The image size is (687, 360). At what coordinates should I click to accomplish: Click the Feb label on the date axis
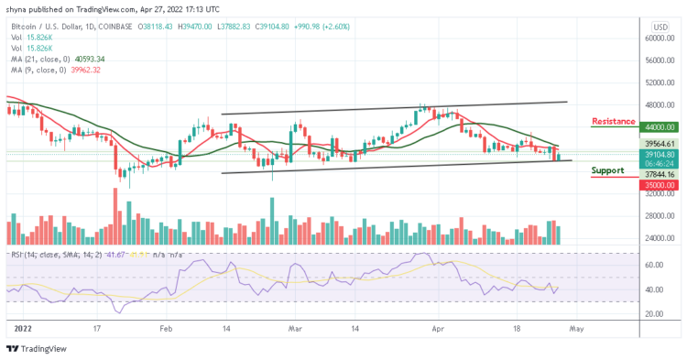pos(165,326)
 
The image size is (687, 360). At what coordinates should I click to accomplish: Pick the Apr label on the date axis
pos(437,326)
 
